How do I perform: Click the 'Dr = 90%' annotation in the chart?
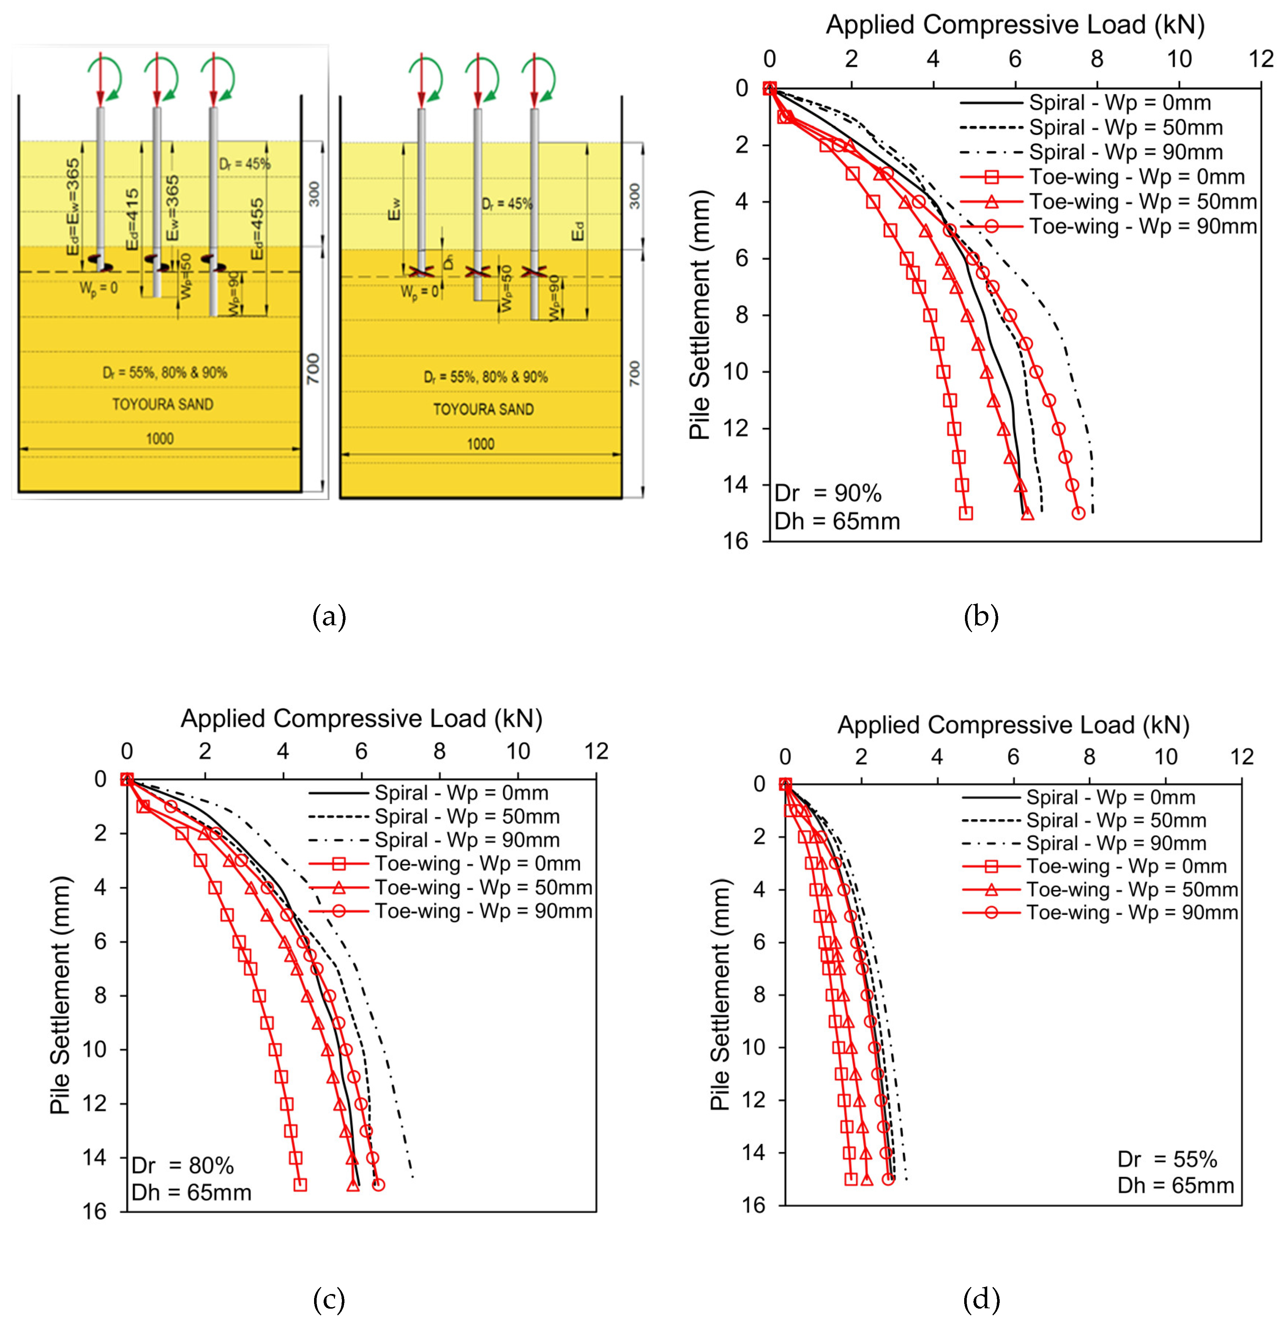[828, 494]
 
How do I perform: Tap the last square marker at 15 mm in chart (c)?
[301, 1185]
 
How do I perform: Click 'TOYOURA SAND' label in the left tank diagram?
[162, 404]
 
